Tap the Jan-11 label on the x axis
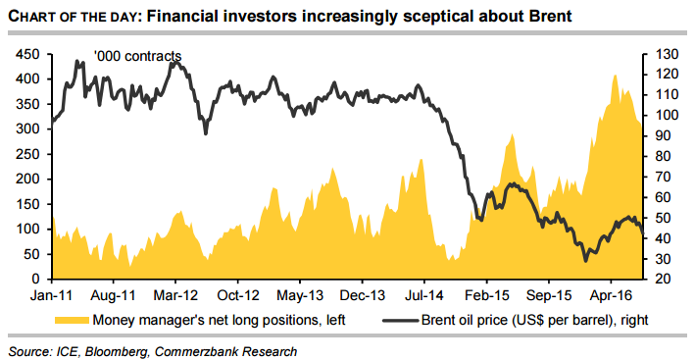pyautogui.click(x=52, y=295)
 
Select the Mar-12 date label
pyautogui.click(x=176, y=295)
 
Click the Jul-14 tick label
pyautogui.click(x=424, y=295)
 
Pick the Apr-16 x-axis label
pyautogui.click(x=611, y=295)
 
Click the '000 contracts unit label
pyautogui.click(x=137, y=56)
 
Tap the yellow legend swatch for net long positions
pyautogui.click(x=71, y=320)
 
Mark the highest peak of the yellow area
pyautogui.click(x=615, y=75)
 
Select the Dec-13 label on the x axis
pyautogui.click(x=362, y=295)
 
